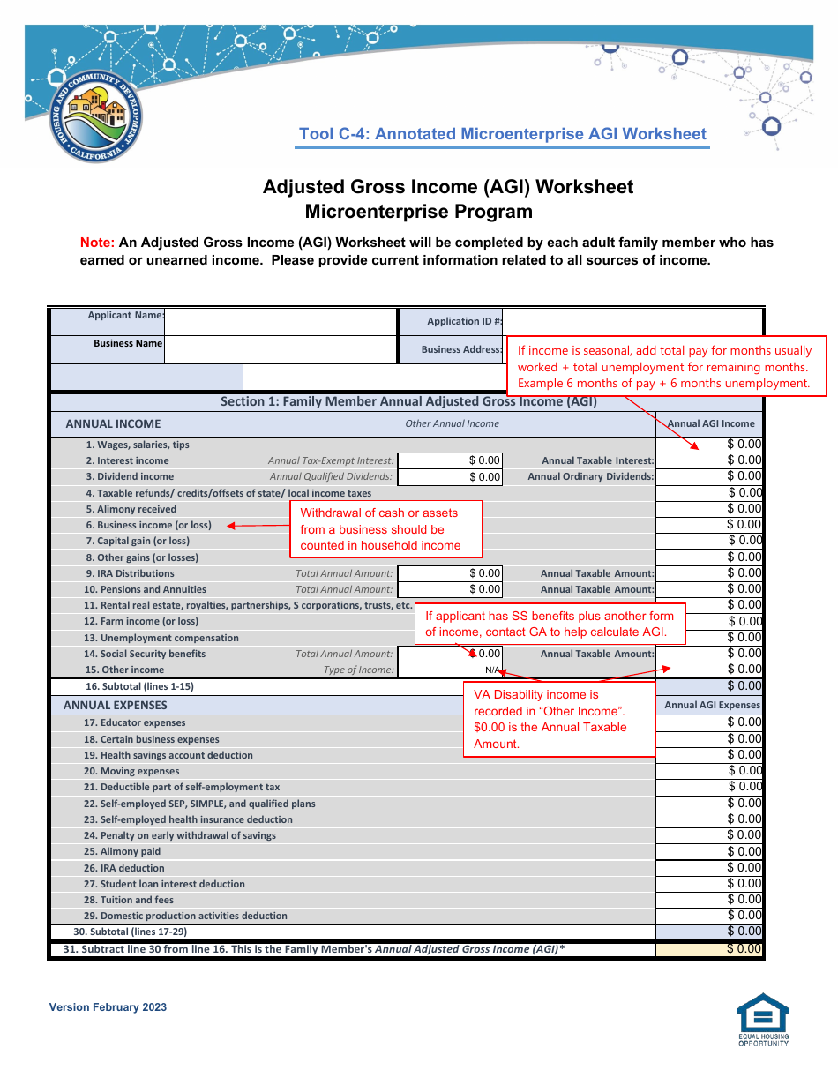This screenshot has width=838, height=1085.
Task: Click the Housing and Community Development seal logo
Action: (95, 117)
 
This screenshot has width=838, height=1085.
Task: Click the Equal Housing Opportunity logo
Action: (763, 1019)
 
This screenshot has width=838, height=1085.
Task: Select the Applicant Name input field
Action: (281, 321)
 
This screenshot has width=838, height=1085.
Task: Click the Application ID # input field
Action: (632, 321)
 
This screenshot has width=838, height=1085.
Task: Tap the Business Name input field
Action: (281, 349)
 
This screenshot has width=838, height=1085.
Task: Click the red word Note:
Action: (97, 243)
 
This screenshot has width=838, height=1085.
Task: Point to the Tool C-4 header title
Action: (503, 134)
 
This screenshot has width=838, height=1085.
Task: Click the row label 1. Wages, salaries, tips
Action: (138, 445)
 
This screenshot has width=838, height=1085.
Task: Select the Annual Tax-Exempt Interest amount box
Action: (450, 460)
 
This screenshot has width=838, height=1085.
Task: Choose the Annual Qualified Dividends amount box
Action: (450, 477)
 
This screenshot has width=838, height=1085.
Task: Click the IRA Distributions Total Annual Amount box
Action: (450, 573)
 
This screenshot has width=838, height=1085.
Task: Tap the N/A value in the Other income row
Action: (491, 670)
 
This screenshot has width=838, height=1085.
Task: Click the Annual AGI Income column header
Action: (711, 423)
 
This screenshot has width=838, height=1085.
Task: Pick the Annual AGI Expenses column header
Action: (711, 705)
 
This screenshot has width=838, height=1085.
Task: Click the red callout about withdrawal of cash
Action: (386, 529)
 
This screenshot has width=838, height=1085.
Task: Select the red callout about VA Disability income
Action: (559, 719)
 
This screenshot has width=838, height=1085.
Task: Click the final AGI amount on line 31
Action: (711, 949)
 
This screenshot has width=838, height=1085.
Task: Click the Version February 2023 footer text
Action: (108, 1007)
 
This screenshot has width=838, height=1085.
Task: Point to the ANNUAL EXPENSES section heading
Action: (115, 706)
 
